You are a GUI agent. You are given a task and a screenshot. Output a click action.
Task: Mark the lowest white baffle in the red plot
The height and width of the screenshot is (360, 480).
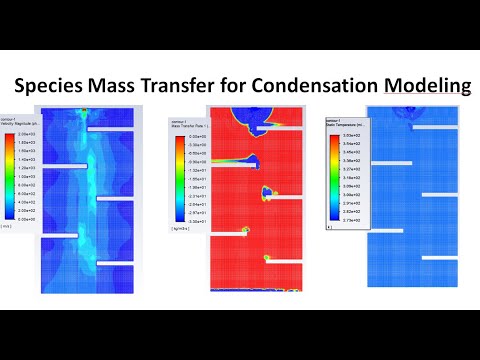[x=227, y=231]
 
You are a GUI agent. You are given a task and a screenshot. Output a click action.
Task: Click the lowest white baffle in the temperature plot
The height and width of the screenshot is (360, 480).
[x=441, y=257]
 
